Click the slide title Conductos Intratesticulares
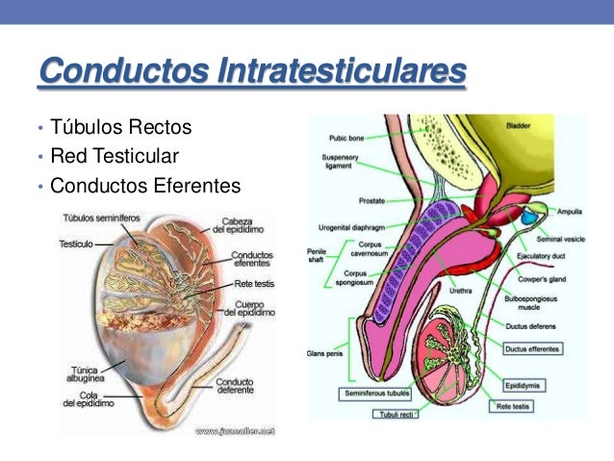pyautogui.click(x=251, y=71)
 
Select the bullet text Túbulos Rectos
pyautogui.click(x=121, y=127)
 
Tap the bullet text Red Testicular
pyautogui.click(x=115, y=156)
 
